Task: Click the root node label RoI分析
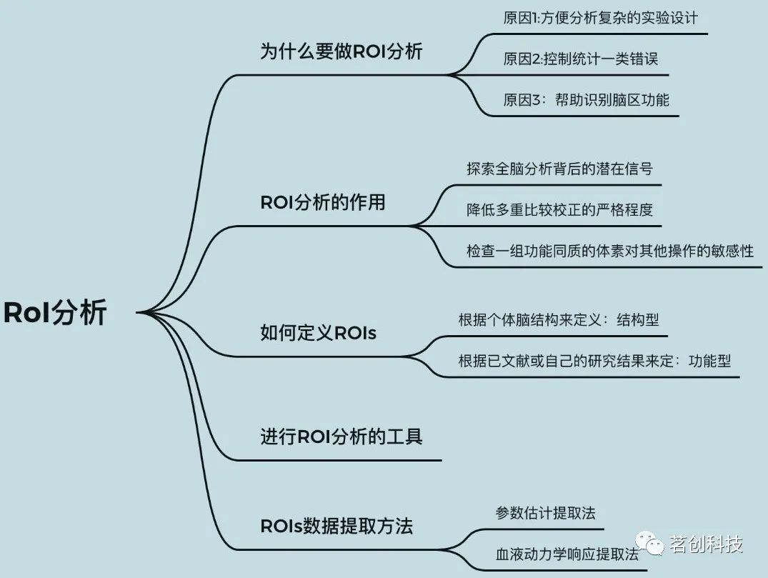[55, 313]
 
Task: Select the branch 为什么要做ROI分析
[341, 52]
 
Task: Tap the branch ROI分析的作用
[322, 202]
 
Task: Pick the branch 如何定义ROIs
[318, 332]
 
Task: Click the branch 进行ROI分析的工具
[341, 436]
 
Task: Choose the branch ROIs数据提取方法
[336, 527]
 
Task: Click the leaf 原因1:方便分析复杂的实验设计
[599, 18]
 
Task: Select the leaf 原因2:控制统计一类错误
[580, 59]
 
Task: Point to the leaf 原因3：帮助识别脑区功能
[586, 99]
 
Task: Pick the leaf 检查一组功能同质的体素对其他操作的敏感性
[609, 251]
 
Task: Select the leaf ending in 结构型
[558, 319]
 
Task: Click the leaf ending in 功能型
[594, 361]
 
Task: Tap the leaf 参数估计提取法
[545, 513]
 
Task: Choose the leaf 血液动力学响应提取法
[567, 554]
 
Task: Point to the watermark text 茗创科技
[707, 544]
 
